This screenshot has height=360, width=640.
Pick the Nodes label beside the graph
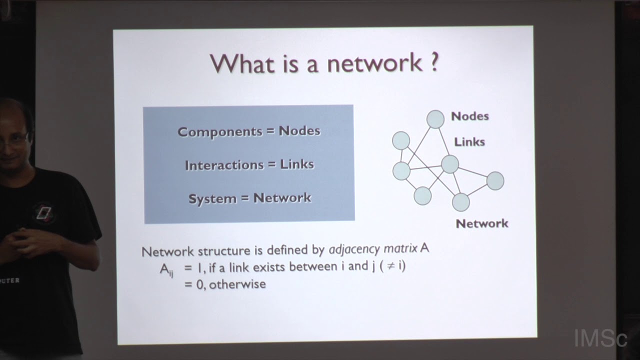[x=469, y=116]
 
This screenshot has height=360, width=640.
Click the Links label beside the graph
[x=469, y=142]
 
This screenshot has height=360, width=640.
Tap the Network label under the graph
[x=481, y=223]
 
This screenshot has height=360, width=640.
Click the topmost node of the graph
[x=435, y=119]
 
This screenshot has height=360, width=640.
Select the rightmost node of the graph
[x=495, y=180]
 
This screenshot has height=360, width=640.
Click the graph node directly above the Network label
[x=460, y=202]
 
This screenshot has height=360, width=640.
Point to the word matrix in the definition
[x=397, y=249]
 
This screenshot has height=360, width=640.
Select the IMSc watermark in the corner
[x=600, y=338]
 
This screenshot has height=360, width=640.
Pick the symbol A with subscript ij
[x=166, y=269]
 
